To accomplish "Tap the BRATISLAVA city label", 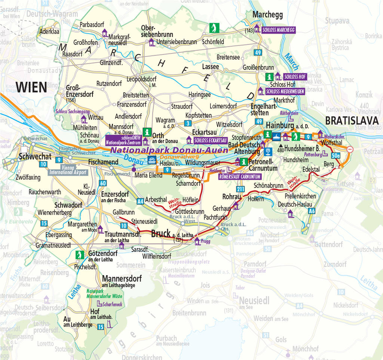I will (x=352, y=121).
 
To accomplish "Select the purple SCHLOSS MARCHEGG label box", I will (x=278, y=30).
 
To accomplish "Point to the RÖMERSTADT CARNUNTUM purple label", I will (x=240, y=176).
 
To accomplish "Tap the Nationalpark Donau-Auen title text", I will (x=169, y=150).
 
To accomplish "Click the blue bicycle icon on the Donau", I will (x=152, y=159).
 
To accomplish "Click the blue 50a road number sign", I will (x=335, y=155).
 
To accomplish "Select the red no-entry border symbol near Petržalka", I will (x=350, y=149).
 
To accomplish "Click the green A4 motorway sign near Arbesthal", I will (x=140, y=201).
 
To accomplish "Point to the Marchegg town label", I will (x=267, y=15).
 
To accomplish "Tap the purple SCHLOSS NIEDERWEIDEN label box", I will (x=285, y=91).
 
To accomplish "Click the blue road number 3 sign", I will (x=188, y=123).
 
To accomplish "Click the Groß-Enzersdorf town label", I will (x=79, y=92).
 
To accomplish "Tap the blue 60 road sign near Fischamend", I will (x=102, y=183).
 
